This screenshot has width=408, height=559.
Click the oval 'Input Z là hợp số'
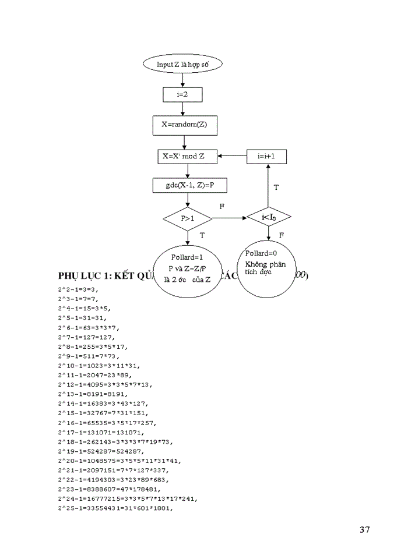pyautogui.click(x=182, y=64)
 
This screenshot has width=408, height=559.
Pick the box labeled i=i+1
pyautogui.click(x=268, y=156)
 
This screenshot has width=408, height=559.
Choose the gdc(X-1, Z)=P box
pyautogui.click(x=188, y=186)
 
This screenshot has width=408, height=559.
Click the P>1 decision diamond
pyautogui.click(x=188, y=218)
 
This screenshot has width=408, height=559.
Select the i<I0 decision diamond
pyautogui.click(x=269, y=217)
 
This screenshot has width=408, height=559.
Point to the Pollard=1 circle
pyautogui.click(x=187, y=271)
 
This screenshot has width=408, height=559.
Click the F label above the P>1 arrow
pyautogui.click(x=221, y=207)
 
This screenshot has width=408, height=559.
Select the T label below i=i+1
pyautogui.click(x=276, y=187)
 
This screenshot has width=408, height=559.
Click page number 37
pyautogui.click(x=364, y=530)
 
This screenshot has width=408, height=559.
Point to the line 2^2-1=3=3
pyautogui.click(x=79, y=289)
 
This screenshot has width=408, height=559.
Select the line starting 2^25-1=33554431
pyautogui.click(x=117, y=507)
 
